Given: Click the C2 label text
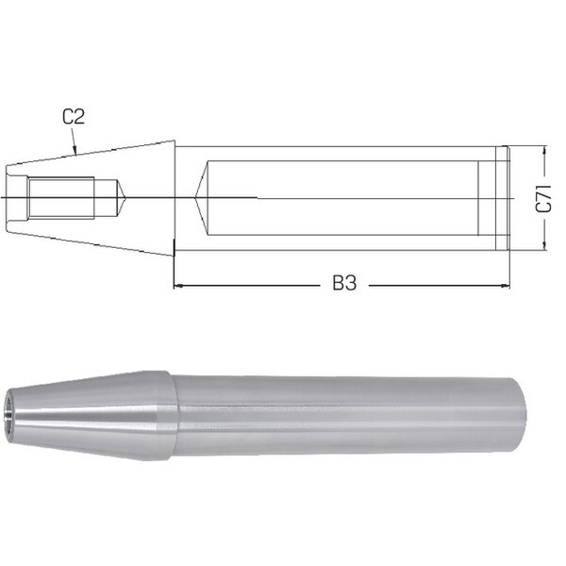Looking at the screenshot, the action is point(74,117).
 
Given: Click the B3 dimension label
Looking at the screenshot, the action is point(344,283).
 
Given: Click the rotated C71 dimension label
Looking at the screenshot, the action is point(543,198).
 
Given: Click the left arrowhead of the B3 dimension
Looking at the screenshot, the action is point(178,286).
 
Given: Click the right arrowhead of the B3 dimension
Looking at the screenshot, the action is point(506,286).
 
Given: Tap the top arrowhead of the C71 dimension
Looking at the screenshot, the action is point(544,151).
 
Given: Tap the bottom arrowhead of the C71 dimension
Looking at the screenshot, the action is point(544,245).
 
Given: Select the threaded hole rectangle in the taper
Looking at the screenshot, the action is point(61,198).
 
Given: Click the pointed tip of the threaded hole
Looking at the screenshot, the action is point(125,198).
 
